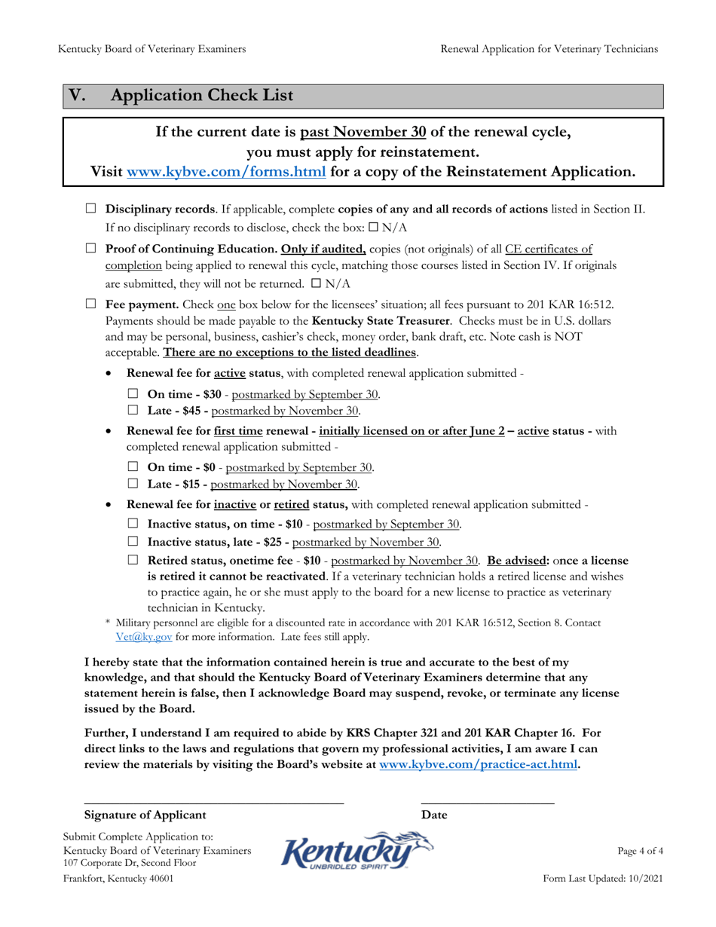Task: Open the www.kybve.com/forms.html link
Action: (x=227, y=172)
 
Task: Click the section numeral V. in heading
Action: (x=78, y=96)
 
